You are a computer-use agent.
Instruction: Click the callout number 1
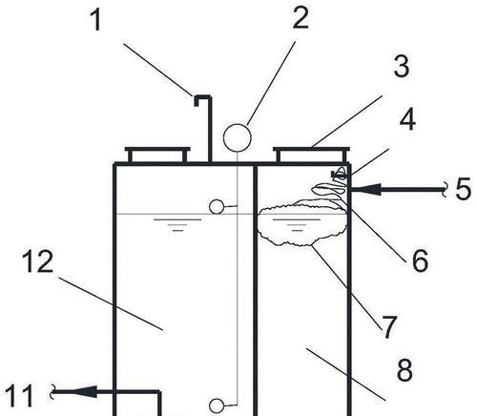(x=96, y=20)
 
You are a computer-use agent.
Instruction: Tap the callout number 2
(x=301, y=18)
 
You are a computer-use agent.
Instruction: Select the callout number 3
(x=402, y=66)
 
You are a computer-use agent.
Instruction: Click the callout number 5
(x=463, y=189)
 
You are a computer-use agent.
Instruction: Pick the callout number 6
(x=420, y=260)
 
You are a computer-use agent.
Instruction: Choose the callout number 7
(x=389, y=327)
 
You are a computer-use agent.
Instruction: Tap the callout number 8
(x=404, y=370)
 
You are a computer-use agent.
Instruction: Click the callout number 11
(x=20, y=396)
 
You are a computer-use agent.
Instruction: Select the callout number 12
(x=37, y=261)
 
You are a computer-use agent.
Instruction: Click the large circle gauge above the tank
(x=238, y=137)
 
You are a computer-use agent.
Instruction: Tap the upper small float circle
(x=217, y=207)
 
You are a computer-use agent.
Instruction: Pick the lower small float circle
(x=217, y=406)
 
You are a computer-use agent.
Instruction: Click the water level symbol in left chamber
(x=177, y=224)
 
